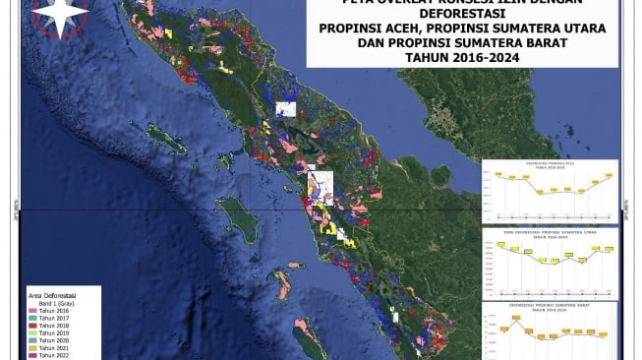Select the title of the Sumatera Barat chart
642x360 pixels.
(550, 306)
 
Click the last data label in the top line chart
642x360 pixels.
(610, 174)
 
